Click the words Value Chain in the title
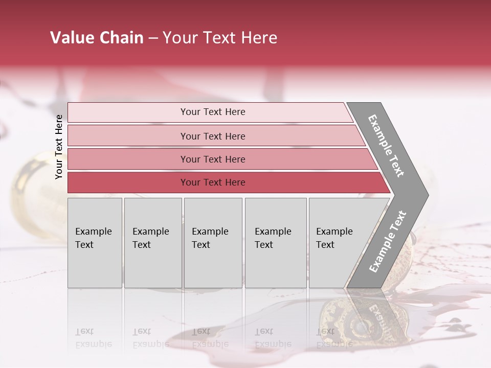tap(97, 38)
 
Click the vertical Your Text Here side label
tap(59, 147)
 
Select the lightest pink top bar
tap(128, 112)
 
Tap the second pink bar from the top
tap(128, 136)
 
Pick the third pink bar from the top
tap(128, 159)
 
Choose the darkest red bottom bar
tap(128, 182)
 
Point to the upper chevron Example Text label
tap(386, 146)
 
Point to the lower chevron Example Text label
tap(388, 242)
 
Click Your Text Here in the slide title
tap(220, 38)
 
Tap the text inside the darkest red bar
tap(213, 182)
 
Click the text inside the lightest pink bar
tap(213, 112)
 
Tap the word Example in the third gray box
tap(210, 232)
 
